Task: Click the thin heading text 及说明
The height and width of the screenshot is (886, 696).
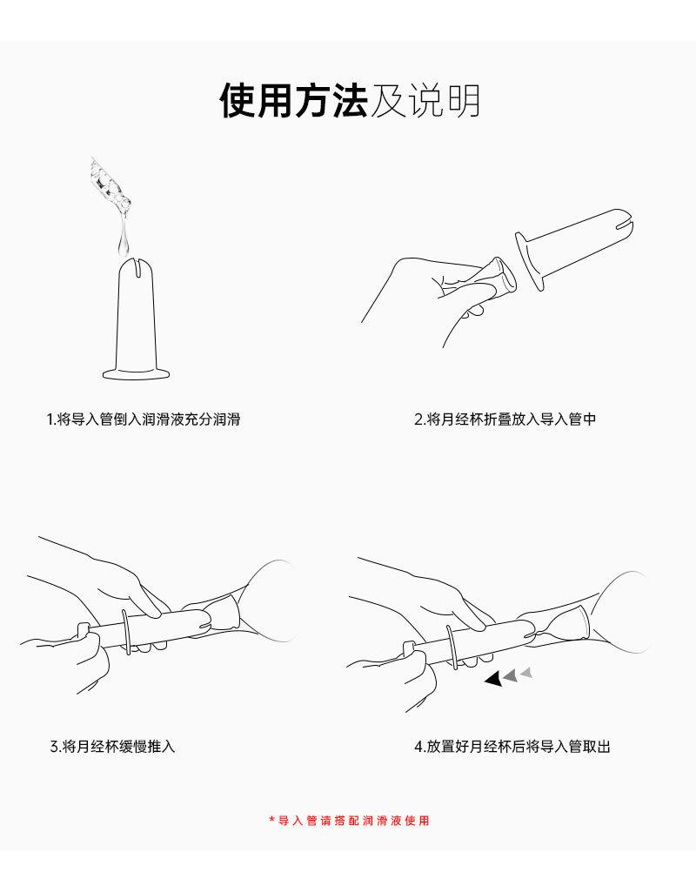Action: point(425,102)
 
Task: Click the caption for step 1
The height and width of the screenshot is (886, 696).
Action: point(144,420)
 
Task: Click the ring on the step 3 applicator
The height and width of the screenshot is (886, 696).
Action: point(129,630)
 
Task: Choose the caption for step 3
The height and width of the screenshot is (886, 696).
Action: point(113,746)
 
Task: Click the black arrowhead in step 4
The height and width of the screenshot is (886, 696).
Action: point(493,678)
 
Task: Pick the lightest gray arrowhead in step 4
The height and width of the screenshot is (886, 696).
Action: point(525,672)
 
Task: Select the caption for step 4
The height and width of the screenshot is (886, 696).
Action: point(512,746)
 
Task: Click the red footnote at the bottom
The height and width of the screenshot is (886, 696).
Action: point(352,821)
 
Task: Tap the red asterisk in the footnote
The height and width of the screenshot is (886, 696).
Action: point(271,820)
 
